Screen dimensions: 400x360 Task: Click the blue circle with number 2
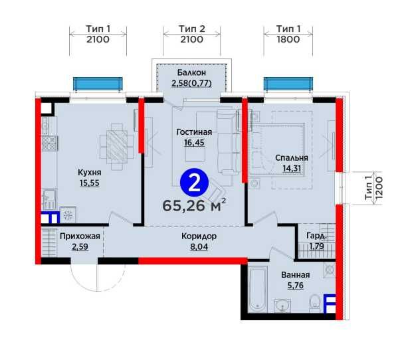[194, 183]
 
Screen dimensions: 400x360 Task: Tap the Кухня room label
[90, 172]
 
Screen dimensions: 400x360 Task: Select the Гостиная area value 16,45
[195, 143]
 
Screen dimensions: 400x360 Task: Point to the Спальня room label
[292, 158]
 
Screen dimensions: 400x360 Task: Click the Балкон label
[191, 72]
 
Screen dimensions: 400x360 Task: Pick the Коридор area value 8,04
[199, 247]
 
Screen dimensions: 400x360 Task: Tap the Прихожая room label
[80, 236]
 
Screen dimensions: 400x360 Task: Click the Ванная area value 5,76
[296, 286]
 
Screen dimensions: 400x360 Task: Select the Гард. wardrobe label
[316, 236]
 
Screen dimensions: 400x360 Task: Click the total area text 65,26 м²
[194, 205]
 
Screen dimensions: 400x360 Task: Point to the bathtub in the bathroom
[258, 289]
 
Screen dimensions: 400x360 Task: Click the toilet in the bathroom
[315, 303]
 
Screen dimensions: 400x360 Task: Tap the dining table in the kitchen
[117, 147]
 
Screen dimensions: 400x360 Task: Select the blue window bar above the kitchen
[98, 84]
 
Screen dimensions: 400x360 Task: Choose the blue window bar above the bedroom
[288, 84]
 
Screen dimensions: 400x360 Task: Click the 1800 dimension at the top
[288, 39]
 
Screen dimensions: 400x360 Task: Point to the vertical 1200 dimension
[379, 188]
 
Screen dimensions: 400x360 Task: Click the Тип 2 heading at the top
[192, 29]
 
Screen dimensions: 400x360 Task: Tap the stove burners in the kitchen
[50, 143]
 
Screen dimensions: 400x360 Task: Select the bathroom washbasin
[282, 306]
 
